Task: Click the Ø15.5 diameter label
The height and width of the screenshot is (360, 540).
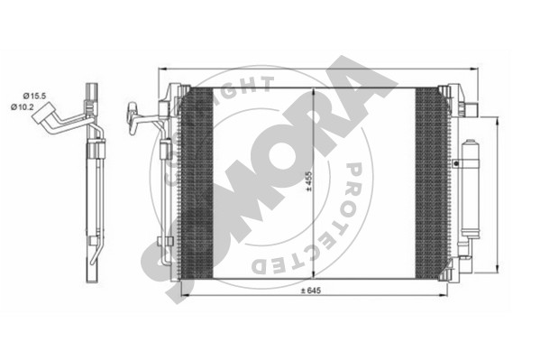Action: point(34,97)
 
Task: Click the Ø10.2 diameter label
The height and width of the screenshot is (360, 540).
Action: point(22,106)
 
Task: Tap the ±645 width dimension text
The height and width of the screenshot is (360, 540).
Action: point(311,291)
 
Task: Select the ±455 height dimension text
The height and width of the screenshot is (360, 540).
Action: point(308,181)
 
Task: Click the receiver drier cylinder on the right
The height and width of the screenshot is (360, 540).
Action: point(470,189)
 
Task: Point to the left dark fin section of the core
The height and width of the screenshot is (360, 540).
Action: point(197,183)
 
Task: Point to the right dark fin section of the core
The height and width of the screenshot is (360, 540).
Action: point(432,183)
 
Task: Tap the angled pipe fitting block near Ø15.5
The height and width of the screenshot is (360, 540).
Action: point(43,112)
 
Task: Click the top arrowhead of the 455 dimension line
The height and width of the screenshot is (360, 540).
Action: point(313,92)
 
